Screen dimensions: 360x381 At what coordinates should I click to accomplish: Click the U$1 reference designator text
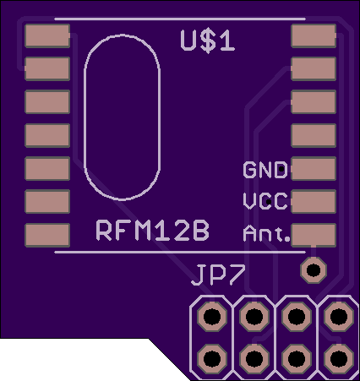(207, 41)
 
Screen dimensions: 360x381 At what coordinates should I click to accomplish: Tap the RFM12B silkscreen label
(153, 231)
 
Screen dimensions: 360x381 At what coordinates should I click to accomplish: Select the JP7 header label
(218, 275)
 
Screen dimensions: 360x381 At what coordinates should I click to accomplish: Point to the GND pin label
(265, 170)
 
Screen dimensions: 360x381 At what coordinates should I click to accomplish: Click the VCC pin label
(265, 201)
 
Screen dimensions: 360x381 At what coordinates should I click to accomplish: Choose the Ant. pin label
(266, 234)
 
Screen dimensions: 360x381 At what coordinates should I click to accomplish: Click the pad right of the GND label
(314, 168)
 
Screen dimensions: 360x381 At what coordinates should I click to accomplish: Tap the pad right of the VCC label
(314, 202)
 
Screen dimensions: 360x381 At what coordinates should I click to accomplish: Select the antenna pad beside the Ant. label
(314, 235)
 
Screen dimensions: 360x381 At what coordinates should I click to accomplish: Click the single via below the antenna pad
(314, 270)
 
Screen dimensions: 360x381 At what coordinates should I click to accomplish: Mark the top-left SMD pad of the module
(47, 35)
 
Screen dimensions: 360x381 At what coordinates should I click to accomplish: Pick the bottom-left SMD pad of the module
(47, 235)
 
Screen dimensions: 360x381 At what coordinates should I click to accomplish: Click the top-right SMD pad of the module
(314, 35)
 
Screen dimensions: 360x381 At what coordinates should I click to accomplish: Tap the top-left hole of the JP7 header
(212, 317)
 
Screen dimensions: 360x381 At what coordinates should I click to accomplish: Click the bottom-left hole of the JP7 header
(212, 359)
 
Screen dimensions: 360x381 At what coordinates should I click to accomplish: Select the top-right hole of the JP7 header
(339, 317)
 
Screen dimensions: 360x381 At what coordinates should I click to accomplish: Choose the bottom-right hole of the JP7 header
(339, 359)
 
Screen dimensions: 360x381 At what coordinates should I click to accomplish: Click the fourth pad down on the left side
(47, 135)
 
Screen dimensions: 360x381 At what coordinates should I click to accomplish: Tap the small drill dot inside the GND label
(281, 169)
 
